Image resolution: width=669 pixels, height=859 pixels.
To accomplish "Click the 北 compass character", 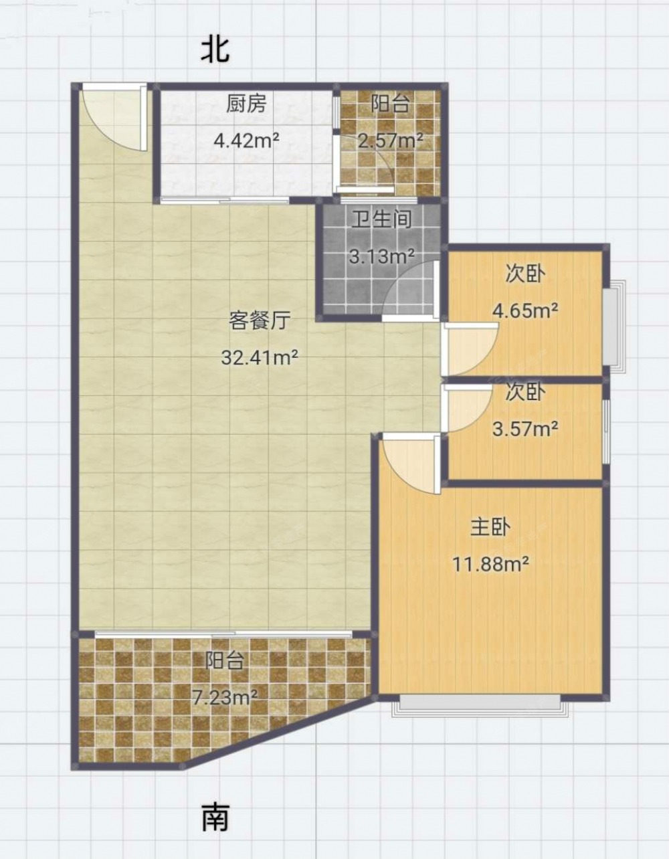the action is click(215, 50).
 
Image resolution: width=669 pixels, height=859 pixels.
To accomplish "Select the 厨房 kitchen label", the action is click(246, 104).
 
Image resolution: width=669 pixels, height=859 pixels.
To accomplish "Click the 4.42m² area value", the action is click(247, 140).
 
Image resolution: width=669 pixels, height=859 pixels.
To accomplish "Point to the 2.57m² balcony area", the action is click(391, 140).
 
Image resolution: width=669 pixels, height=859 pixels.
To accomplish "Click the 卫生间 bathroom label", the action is click(382, 219).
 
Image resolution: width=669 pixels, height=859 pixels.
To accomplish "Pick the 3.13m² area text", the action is click(382, 256).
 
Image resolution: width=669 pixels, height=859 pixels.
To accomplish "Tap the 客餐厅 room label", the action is click(260, 320).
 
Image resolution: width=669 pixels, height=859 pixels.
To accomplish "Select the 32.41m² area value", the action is click(260, 358).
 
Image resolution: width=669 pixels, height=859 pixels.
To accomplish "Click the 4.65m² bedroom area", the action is click(525, 310).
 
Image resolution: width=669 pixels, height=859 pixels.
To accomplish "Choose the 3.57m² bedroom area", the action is click(525, 428).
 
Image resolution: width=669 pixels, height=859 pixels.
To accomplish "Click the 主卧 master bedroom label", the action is click(490, 527).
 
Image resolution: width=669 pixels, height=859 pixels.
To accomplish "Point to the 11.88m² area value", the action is click(490, 564).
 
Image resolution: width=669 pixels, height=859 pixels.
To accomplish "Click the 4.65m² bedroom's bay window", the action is click(613, 326).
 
